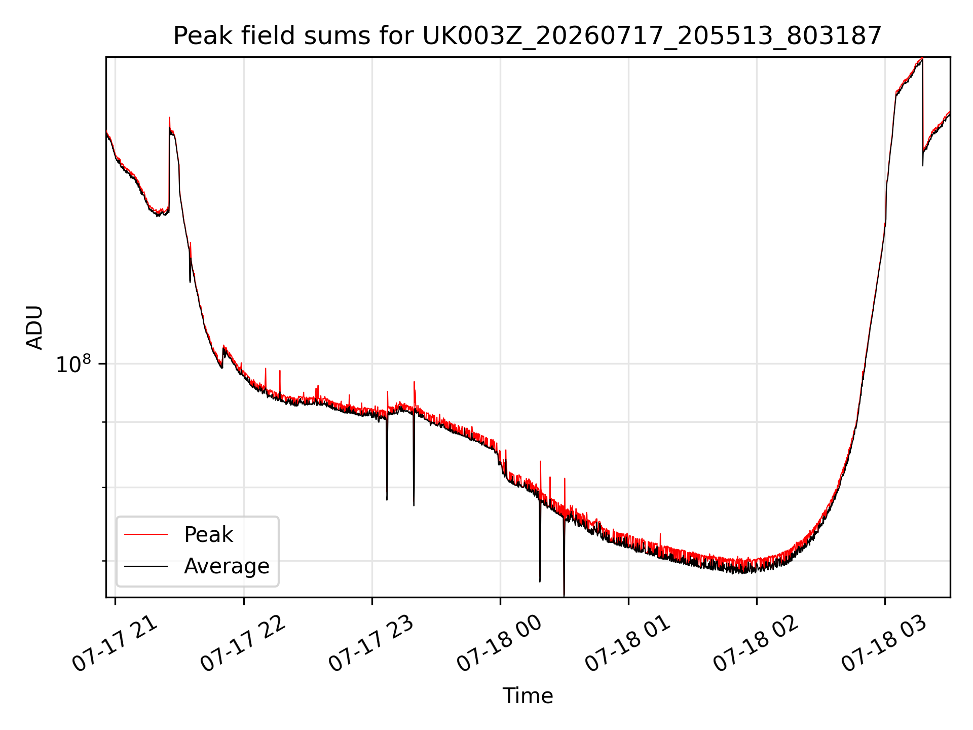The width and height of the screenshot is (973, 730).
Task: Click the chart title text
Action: tap(528, 36)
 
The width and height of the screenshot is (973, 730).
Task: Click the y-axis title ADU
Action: tap(34, 327)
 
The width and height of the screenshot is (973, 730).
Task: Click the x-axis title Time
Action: tap(528, 696)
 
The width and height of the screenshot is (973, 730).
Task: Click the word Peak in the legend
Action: tap(208, 535)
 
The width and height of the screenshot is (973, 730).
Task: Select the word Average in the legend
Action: tap(227, 566)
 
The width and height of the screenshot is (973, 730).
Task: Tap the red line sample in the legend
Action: tap(146, 534)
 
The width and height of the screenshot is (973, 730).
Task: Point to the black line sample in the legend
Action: tap(146, 566)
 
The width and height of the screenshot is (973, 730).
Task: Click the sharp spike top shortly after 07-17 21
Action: tap(169, 118)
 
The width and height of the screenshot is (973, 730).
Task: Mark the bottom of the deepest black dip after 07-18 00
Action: tap(564, 595)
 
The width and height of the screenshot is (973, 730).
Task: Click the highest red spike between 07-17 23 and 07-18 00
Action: tap(414, 382)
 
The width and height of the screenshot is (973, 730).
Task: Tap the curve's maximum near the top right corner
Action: tap(922, 58)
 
